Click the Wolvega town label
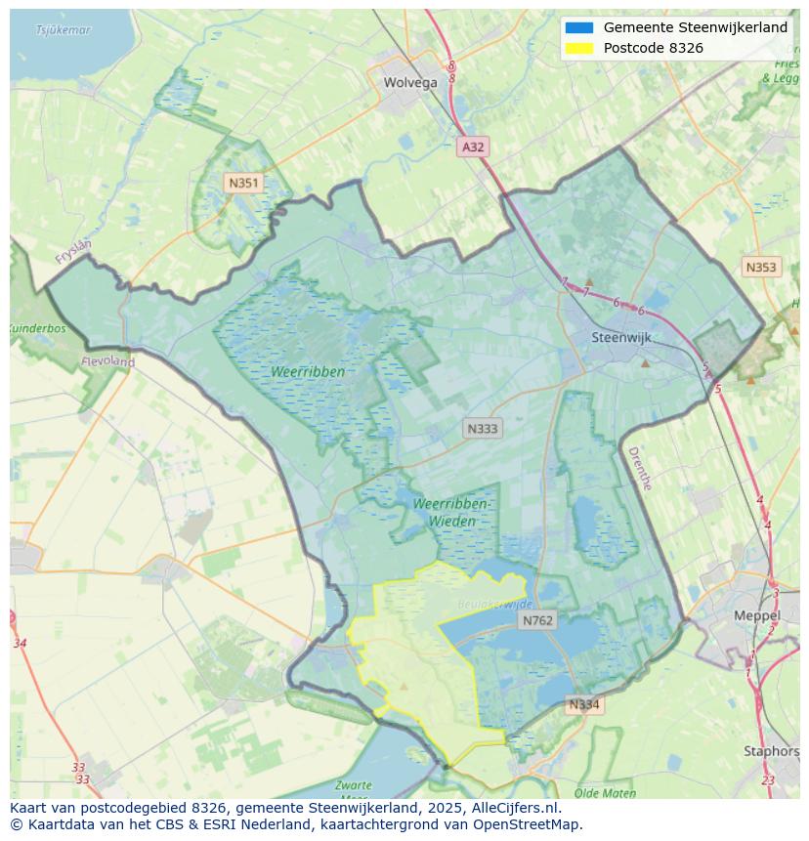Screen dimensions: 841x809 410,83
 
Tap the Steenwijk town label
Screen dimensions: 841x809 621,338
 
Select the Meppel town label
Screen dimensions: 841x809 757,616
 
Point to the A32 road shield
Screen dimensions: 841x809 473,147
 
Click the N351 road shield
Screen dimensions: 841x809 243,183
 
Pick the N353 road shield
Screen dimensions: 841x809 761,268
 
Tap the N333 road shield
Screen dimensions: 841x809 483,429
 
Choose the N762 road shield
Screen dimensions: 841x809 537,620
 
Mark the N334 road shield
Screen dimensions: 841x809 584,704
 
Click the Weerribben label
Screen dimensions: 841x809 309,372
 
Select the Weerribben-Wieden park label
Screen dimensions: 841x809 451,512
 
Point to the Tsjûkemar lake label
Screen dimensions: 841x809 64,30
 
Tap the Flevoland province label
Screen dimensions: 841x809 109,361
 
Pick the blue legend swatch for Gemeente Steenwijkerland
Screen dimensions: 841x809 579,28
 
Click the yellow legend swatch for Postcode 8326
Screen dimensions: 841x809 579,48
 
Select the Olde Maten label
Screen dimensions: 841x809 606,793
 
